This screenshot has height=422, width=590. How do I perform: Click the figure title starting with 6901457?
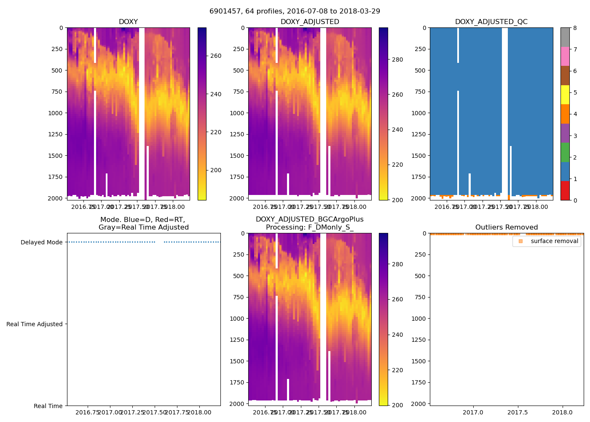[x=295, y=11]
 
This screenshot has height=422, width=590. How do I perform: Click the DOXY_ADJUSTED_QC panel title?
[x=491, y=22]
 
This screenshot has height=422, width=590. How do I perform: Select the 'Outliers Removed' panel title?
[x=506, y=227]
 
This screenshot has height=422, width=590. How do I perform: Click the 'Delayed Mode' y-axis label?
[x=41, y=242]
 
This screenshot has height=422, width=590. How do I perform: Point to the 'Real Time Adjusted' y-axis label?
[x=35, y=324]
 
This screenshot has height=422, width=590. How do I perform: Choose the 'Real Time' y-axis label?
[x=48, y=406]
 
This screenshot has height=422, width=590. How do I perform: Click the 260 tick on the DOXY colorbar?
[x=216, y=56]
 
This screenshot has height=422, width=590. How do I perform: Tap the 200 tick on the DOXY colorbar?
[x=216, y=170]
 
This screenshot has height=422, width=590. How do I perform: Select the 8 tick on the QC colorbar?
[x=575, y=28]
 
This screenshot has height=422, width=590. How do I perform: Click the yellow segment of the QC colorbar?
[x=565, y=95]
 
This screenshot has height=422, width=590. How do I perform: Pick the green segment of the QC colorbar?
[x=565, y=152]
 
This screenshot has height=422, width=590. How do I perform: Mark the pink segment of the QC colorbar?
[x=565, y=56]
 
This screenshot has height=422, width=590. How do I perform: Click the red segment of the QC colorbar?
[x=565, y=190]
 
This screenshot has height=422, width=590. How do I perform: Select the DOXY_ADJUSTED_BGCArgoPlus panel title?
[x=309, y=223]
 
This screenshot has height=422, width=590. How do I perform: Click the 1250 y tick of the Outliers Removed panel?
[x=419, y=340]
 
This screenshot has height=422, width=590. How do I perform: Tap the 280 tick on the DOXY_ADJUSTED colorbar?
[x=397, y=60]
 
